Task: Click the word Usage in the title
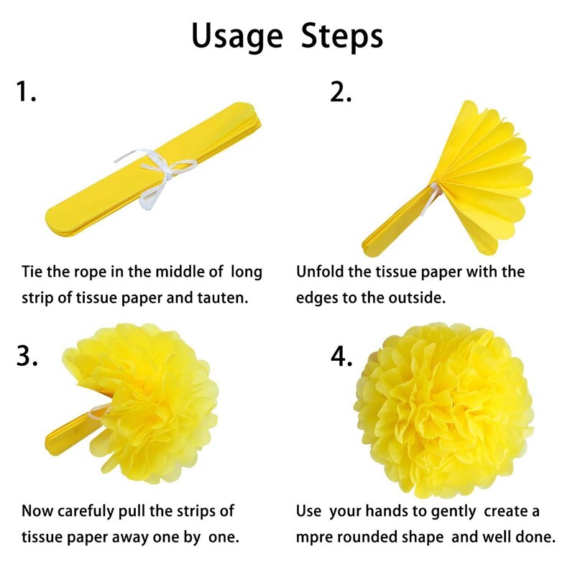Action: click(x=237, y=37)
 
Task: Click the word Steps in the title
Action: click(x=342, y=36)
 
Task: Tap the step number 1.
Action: click(x=26, y=91)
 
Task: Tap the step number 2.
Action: click(x=341, y=91)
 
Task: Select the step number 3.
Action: click(x=27, y=355)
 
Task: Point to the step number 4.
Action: click(x=341, y=356)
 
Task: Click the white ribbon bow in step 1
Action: click(x=156, y=177)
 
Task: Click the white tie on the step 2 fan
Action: click(x=430, y=198)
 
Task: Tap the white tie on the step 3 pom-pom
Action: click(x=98, y=413)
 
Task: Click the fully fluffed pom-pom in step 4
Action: click(x=443, y=410)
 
